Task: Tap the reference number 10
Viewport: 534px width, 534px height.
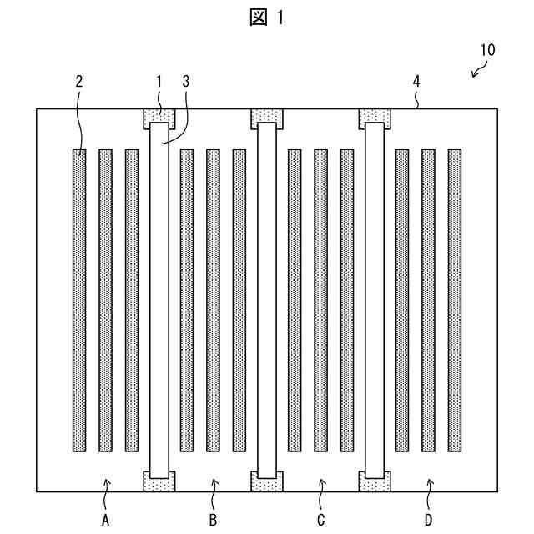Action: [486, 49]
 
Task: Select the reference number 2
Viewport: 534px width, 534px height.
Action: [79, 82]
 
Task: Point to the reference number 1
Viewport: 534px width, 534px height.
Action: [159, 82]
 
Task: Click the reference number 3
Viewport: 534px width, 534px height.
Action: [185, 82]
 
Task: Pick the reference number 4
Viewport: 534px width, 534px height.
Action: [416, 82]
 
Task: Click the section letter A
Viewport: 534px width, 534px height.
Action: [106, 521]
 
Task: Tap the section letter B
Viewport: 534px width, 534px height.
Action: [214, 521]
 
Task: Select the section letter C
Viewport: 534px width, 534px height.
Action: [321, 521]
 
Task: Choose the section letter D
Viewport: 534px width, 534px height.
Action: [428, 521]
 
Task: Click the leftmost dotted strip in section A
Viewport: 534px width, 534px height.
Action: [79, 300]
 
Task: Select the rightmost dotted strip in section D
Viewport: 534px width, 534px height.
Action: [455, 300]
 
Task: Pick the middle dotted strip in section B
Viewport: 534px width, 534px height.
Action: [214, 300]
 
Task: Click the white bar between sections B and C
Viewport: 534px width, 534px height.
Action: [267, 300]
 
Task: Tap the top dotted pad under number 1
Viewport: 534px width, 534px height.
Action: [159, 116]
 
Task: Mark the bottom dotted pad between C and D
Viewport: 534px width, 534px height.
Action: [375, 482]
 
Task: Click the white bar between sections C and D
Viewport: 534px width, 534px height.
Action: [375, 300]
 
